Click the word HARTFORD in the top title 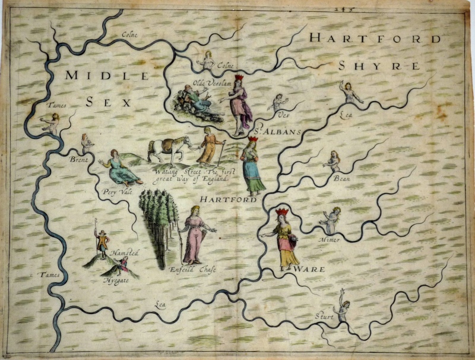(x=375, y=39)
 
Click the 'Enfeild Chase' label (x=192, y=270)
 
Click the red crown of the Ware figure (x=281, y=212)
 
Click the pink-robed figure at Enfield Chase (x=195, y=235)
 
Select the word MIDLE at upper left (x=107, y=75)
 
